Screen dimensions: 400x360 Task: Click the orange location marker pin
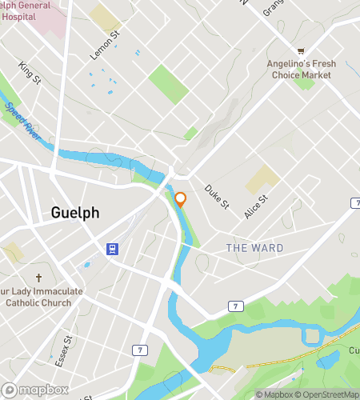point(181,199)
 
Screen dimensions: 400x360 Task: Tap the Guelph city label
point(75,213)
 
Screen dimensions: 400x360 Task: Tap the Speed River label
point(21,118)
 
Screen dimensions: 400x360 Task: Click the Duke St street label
point(217,198)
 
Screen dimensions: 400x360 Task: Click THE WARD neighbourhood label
point(254,248)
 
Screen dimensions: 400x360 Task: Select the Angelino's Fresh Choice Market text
point(307,69)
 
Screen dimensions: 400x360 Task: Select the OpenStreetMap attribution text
point(325,394)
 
